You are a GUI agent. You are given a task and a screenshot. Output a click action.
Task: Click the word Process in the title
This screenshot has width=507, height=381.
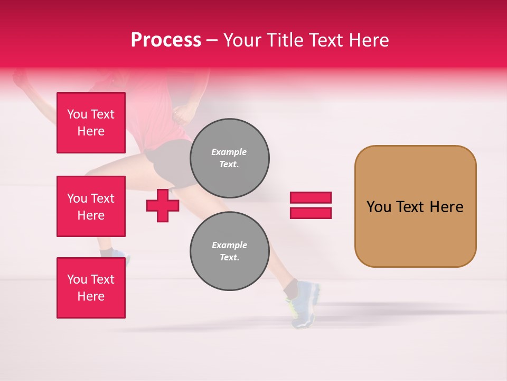[x=166, y=40]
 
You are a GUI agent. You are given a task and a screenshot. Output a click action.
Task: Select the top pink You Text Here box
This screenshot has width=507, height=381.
[x=91, y=123]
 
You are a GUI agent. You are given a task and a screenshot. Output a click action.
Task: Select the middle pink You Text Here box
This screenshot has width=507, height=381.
[x=91, y=206]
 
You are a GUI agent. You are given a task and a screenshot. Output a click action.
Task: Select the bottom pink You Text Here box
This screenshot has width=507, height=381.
[x=91, y=288]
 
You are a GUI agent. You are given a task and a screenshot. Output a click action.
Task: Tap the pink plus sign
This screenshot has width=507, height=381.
[x=162, y=205]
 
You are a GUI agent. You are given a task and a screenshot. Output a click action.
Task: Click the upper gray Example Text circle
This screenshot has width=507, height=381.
[x=229, y=158]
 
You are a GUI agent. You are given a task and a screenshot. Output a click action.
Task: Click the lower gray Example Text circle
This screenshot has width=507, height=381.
[x=229, y=251]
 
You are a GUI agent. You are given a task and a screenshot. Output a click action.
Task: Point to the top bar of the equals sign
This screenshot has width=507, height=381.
[x=311, y=197]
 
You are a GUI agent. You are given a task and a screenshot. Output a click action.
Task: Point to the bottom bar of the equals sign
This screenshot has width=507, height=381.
[x=311, y=213]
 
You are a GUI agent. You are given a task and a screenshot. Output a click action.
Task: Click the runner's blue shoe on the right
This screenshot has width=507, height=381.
[x=305, y=304]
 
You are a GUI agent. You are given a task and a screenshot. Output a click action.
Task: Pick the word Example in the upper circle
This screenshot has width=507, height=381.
[x=229, y=152]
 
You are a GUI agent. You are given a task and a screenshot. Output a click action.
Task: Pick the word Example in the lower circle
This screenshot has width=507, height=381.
[x=229, y=245]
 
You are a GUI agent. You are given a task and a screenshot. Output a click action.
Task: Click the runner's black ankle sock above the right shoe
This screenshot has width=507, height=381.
[x=290, y=289]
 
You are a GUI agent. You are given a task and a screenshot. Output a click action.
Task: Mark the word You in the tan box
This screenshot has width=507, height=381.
[x=378, y=207]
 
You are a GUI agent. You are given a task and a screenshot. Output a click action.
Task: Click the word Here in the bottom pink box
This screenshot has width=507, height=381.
[x=91, y=296]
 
